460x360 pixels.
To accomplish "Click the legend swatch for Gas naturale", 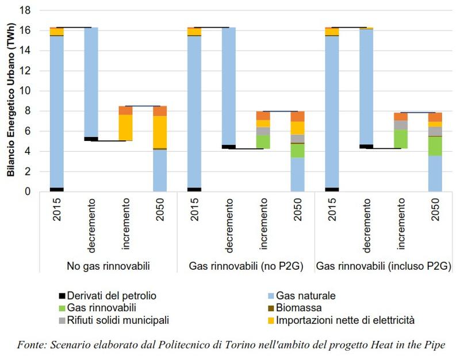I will [x=271, y=296].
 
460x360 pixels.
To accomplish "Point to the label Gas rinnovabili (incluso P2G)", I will [x=383, y=266].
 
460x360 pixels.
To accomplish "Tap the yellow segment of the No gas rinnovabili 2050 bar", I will [x=159, y=132].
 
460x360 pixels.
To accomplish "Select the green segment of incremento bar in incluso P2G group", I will [x=401, y=139].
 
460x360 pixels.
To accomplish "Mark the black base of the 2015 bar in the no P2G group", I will [x=194, y=189].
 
